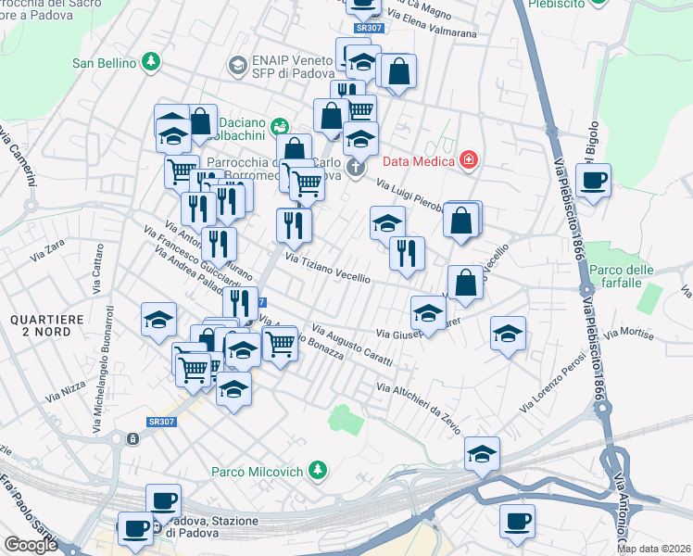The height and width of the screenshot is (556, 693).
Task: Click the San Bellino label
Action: click(x=104, y=64)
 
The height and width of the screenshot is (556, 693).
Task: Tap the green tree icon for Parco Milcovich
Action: click(x=318, y=472)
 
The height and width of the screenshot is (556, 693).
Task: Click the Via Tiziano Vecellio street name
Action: click(x=328, y=269)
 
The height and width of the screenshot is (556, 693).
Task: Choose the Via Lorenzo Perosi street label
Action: click(x=553, y=382)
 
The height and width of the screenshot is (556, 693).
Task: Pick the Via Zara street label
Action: click(x=47, y=248)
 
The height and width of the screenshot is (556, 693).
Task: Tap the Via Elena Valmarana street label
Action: click(x=434, y=26)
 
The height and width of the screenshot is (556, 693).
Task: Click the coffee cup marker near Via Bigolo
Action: click(x=593, y=180)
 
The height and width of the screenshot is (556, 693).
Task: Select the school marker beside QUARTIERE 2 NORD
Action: click(x=159, y=321)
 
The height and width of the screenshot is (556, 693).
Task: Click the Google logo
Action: click(x=31, y=545)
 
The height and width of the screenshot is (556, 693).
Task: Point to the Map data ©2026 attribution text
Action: click(x=654, y=549)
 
